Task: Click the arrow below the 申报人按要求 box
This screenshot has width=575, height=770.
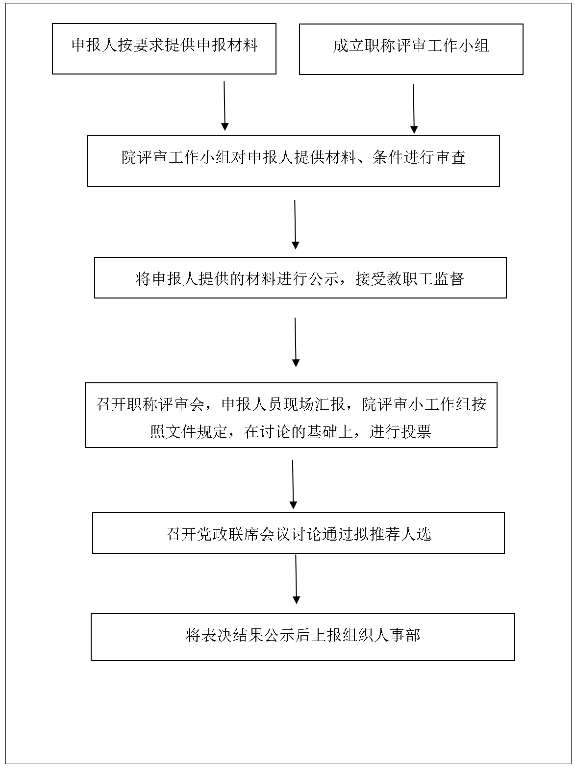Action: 225,106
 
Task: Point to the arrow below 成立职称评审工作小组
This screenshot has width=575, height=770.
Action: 414,109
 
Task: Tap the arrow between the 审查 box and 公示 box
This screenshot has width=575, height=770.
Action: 295,224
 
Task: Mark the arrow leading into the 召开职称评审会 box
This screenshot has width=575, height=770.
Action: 296,342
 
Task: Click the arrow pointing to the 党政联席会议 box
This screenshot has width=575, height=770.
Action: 293,484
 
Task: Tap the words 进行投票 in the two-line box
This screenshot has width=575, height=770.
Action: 400,431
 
